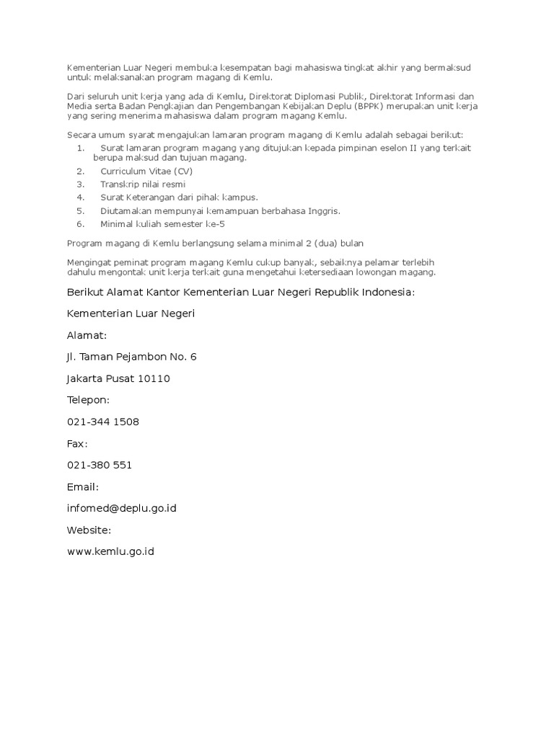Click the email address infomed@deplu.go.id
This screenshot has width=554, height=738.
pyautogui.click(x=121, y=508)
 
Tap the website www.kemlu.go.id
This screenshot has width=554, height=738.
pyautogui.click(x=110, y=551)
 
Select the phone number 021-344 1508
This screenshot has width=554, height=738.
pyautogui.click(x=102, y=422)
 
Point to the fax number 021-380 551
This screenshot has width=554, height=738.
pyautogui.click(x=99, y=465)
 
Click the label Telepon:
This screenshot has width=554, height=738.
pyautogui.click(x=88, y=400)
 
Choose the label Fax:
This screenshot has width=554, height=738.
pyautogui.click(x=77, y=443)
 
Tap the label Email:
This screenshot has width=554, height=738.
pyautogui.click(x=82, y=486)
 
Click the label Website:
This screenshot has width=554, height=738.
pyautogui.click(x=89, y=530)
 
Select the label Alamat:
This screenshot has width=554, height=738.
pyautogui.click(x=87, y=335)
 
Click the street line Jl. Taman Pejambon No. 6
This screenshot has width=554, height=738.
pyautogui.click(x=131, y=357)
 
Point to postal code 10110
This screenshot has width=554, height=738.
pyautogui.click(x=154, y=378)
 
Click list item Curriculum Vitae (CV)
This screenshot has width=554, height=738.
pyautogui.click(x=146, y=172)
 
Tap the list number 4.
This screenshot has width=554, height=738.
pyautogui.click(x=80, y=197)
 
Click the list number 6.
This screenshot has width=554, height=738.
pyautogui.click(x=80, y=223)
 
